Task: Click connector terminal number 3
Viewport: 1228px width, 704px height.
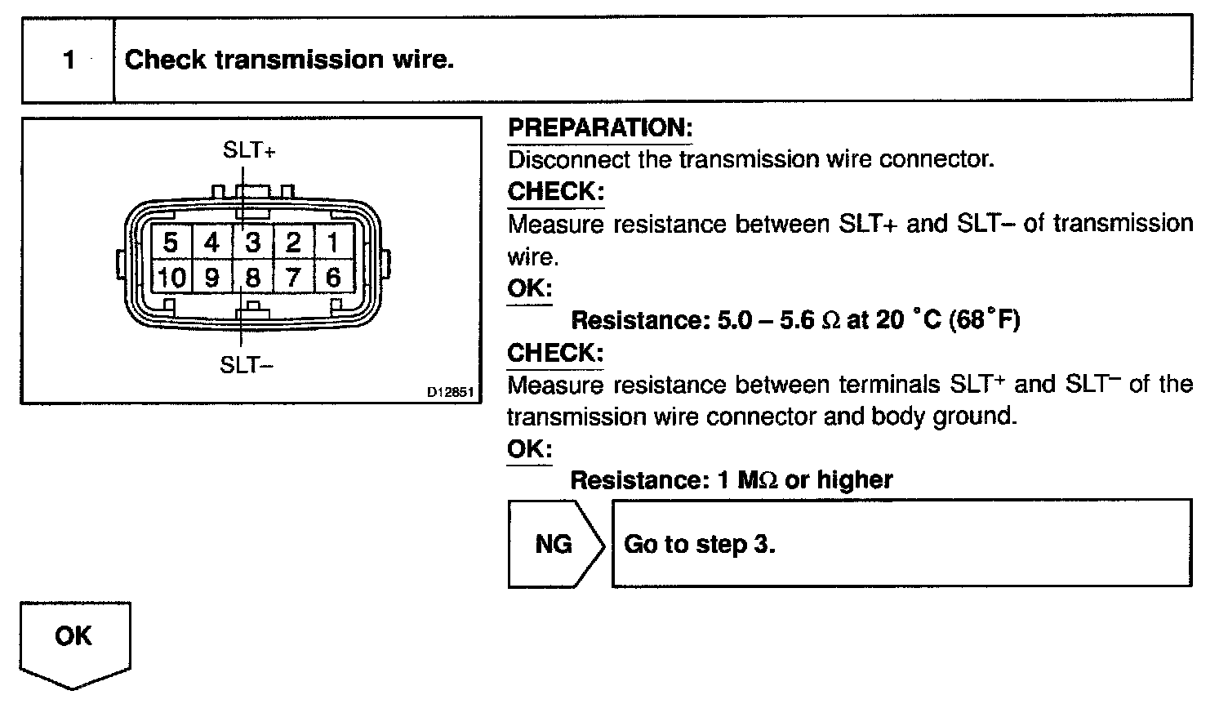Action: (253, 243)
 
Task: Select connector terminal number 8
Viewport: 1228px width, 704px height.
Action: (253, 278)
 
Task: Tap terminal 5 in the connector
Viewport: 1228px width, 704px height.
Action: (171, 243)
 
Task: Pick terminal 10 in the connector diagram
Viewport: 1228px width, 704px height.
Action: (171, 278)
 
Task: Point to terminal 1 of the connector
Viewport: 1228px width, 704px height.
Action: (333, 243)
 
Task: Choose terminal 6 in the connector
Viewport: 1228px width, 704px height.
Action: (333, 278)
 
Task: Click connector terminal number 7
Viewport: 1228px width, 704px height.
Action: (293, 278)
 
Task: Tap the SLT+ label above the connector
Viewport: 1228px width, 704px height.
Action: (249, 150)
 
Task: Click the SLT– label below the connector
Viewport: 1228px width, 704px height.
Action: (247, 365)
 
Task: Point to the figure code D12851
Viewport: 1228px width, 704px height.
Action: (450, 392)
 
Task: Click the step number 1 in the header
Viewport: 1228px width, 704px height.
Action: (69, 60)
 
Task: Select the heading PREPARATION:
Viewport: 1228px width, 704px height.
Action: (599, 127)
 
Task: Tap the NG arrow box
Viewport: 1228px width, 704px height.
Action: (554, 544)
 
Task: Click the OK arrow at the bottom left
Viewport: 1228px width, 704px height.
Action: (74, 637)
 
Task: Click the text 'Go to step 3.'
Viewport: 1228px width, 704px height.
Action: (699, 544)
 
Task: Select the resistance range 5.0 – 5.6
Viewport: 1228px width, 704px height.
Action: (765, 320)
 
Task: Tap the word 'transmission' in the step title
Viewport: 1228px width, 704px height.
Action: (290, 60)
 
